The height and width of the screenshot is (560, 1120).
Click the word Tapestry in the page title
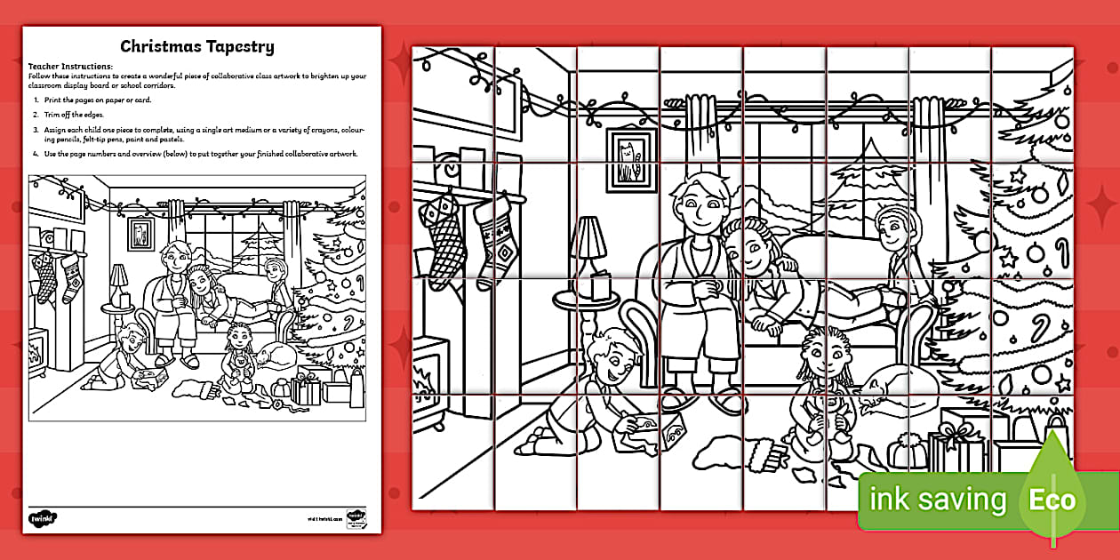(x=237, y=46)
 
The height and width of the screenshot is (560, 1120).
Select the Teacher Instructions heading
(x=71, y=66)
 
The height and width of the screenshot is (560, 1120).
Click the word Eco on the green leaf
(x=1052, y=499)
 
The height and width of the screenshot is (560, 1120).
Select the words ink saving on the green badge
(x=937, y=500)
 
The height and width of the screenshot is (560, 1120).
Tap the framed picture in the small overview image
(x=140, y=233)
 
